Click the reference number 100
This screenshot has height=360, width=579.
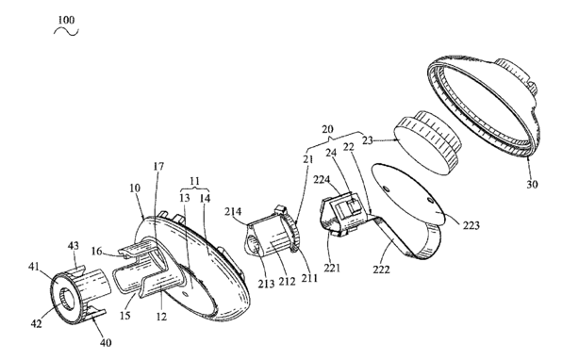(x=66, y=20)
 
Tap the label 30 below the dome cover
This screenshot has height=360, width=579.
(x=532, y=184)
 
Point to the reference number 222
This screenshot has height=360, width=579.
(x=381, y=270)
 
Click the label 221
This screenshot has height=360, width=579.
(x=332, y=268)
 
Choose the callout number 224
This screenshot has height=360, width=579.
(x=322, y=180)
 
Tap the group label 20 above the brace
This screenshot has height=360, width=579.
(x=327, y=129)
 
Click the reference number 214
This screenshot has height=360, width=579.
(x=233, y=212)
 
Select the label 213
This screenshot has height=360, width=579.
(x=266, y=284)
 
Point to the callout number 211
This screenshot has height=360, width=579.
(x=309, y=278)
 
